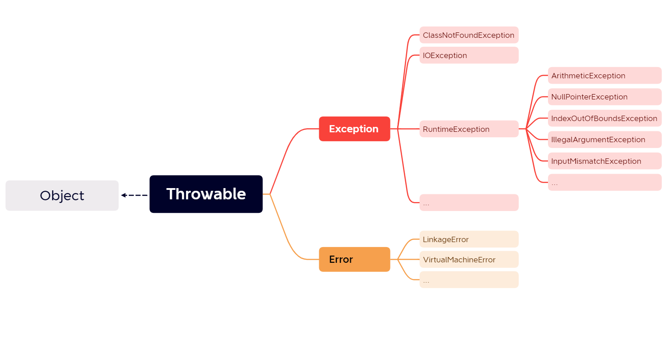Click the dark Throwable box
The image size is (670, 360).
pos(206,194)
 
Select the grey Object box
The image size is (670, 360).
pos(62,196)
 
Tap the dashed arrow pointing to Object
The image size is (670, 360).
pos(134,195)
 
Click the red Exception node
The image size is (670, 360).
pos(354,129)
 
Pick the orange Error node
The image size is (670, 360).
pos(354,259)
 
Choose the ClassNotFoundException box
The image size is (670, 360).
pos(469,35)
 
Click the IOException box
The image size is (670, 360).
pos(469,55)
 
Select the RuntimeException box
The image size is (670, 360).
pos(469,129)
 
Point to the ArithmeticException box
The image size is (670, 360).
pos(604,76)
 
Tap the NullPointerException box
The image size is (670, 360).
pos(604,97)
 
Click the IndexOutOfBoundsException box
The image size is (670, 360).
pos(604,118)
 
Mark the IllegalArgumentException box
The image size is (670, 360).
pos(604,139)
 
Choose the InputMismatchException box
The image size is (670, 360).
pos(604,161)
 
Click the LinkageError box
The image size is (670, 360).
pos(469,239)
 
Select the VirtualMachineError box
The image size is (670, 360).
pos(469,260)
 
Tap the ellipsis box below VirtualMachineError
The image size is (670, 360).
pos(469,280)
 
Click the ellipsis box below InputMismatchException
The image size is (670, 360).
pos(604,182)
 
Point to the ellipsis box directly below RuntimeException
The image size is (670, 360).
pos(469,202)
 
